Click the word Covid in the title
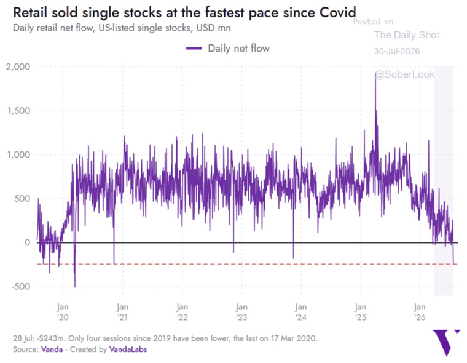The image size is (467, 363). (337, 12)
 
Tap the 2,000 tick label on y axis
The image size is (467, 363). (18, 66)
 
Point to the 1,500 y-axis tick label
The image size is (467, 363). (19, 111)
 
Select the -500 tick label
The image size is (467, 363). (21, 287)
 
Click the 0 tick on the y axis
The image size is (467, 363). (28, 242)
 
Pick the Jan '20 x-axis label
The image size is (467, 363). (63, 312)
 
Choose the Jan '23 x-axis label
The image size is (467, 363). (241, 312)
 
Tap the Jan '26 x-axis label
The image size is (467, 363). (420, 312)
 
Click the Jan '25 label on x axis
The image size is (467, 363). (360, 312)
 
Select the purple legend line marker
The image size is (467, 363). (194, 49)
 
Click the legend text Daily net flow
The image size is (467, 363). (238, 49)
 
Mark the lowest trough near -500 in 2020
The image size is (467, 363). (75, 286)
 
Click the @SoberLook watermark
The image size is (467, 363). (404, 74)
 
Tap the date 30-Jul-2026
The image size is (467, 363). (397, 51)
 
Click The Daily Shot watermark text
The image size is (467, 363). (407, 35)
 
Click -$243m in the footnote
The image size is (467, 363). (51, 338)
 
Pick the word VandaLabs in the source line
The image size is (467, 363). (128, 349)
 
